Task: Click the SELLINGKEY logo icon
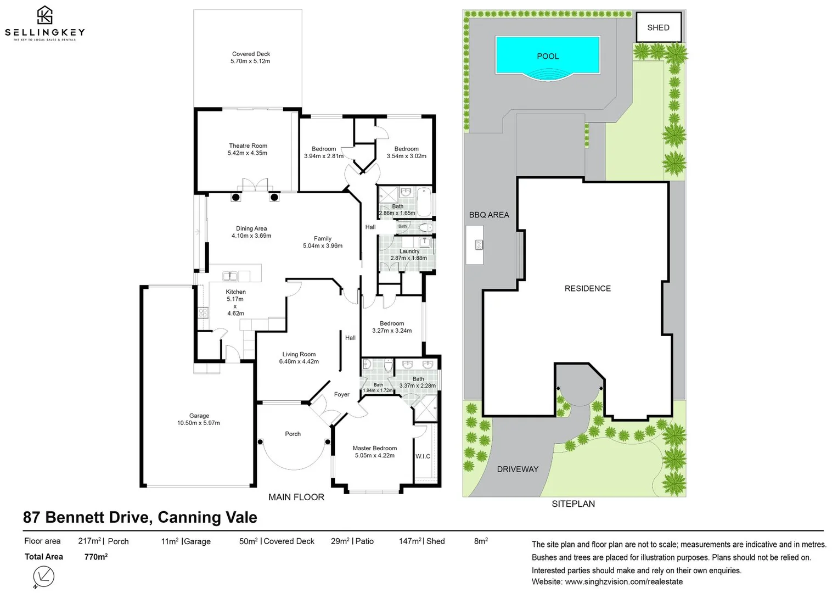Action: tap(44, 15)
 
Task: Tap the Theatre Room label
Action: tap(248, 146)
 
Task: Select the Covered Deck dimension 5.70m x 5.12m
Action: tap(250, 61)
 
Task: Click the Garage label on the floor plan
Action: tap(199, 416)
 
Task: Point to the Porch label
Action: tap(293, 434)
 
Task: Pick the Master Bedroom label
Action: tap(375, 449)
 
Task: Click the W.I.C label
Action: tap(423, 456)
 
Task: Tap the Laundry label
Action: tap(409, 251)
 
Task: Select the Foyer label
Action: tap(342, 395)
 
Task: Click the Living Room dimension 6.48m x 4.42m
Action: tap(299, 362)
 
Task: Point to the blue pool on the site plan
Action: tap(548, 56)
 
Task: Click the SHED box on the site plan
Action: tap(659, 27)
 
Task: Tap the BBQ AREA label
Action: tap(489, 215)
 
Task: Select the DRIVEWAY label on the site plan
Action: tap(518, 469)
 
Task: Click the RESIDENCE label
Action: tap(588, 288)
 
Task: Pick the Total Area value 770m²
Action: tap(96, 557)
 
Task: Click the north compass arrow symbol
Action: tap(43, 576)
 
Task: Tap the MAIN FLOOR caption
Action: tap(296, 497)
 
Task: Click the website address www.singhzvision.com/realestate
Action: tap(624, 581)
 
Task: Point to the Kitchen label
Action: tap(236, 292)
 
